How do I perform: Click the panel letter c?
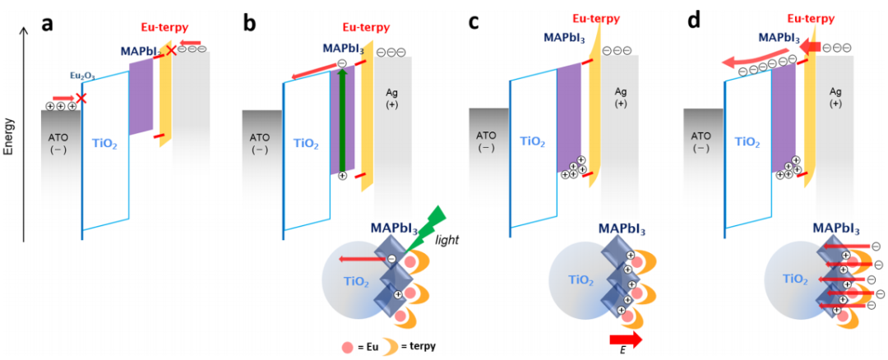[474, 22]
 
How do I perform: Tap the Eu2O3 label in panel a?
[81, 76]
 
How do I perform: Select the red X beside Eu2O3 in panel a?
[81, 99]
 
